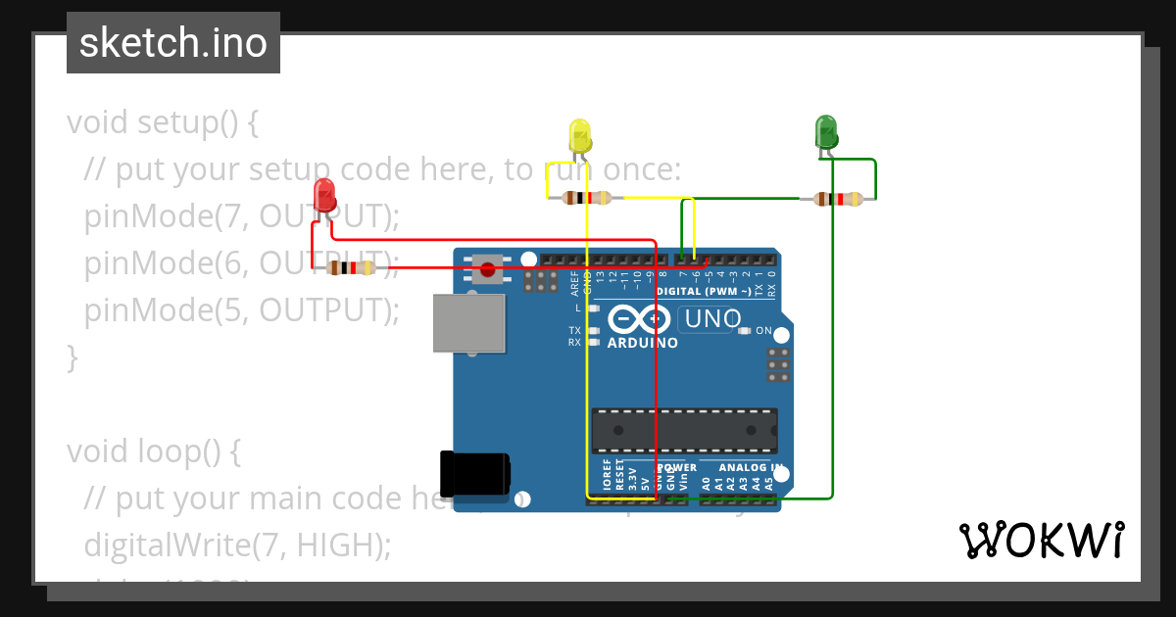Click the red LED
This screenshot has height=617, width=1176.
pyautogui.click(x=324, y=195)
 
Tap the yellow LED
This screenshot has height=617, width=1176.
pyautogui.click(x=580, y=136)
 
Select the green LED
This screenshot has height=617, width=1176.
pyautogui.click(x=826, y=131)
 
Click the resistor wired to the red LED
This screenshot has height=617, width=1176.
pyautogui.click(x=351, y=267)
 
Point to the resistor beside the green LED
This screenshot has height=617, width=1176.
pyautogui.click(x=839, y=200)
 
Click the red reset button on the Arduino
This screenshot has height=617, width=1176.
pyautogui.click(x=487, y=268)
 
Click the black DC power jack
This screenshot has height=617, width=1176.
pyautogui.click(x=474, y=473)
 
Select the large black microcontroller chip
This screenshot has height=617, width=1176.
pyautogui.click(x=684, y=430)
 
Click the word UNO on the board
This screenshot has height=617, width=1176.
pyautogui.click(x=712, y=319)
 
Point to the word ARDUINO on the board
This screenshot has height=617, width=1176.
pyautogui.click(x=643, y=344)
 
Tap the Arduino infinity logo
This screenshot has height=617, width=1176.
pyautogui.click(x=637, y=320)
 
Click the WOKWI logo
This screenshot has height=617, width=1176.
pyautogui.click(x=1041, y=540)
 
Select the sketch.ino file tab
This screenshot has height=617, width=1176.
pyautogui.click(x=173, y=43)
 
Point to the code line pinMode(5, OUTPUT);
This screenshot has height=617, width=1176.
pyautogui.click(x=242, y=310)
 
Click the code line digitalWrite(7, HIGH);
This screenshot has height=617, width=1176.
pyautogui.click(x=238, y=545)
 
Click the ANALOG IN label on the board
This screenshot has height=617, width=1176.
pyautogui.click(x=750, y=467)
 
